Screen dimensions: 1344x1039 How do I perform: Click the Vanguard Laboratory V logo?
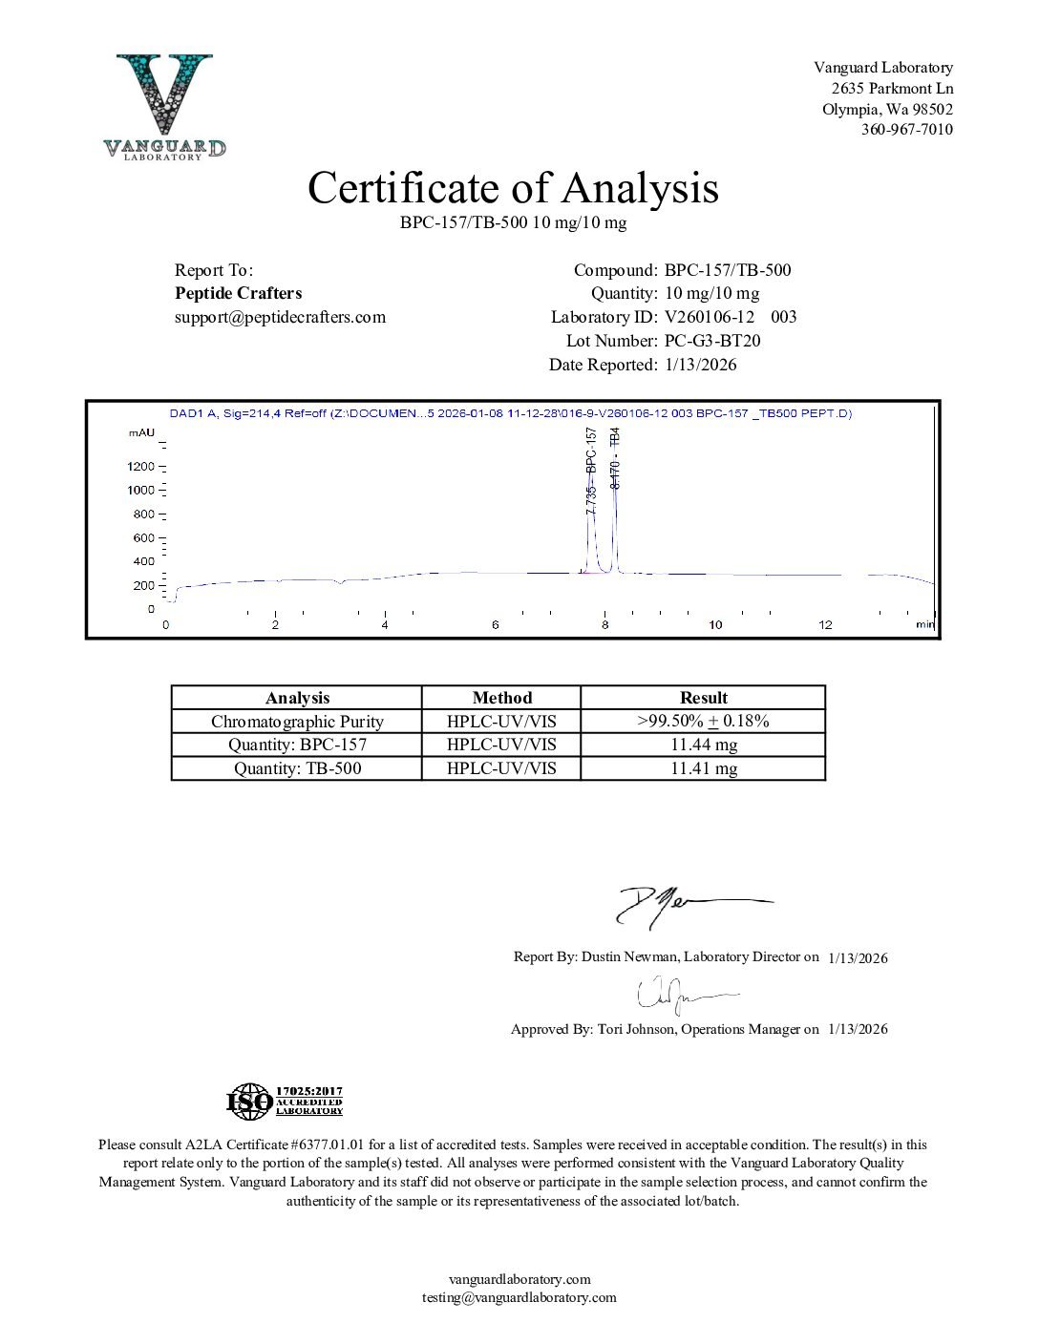point(165,105)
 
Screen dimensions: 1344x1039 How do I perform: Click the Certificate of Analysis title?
point(513,188)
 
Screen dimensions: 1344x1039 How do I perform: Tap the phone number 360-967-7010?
point(906,130)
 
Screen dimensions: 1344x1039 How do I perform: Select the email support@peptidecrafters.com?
point(280,317)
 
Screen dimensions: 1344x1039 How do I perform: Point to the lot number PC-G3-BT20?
point(712,341)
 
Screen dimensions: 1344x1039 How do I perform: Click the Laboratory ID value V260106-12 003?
point(731,317)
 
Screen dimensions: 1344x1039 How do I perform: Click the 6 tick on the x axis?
point(496,625)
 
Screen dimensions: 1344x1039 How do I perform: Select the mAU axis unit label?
point(141,433)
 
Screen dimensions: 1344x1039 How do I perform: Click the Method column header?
point(501,698)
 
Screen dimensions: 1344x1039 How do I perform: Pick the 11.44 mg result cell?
point(703,745)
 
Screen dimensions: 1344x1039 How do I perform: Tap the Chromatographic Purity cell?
point(297,722)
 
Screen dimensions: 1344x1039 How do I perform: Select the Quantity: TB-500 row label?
point(297,768)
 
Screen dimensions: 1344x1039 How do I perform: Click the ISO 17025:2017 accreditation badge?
point(285,1102)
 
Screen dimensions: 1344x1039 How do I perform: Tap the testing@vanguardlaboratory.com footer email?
point(519,1297)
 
